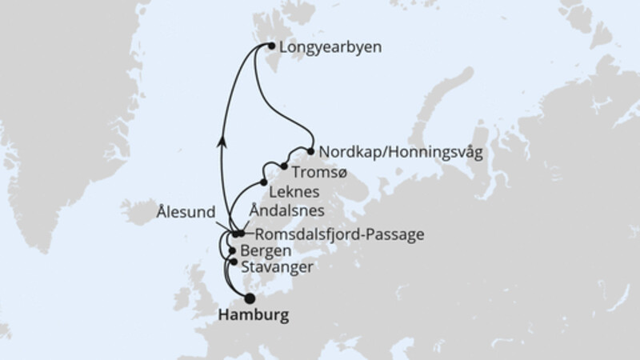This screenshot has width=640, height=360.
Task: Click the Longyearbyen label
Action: click(x=329, y=47)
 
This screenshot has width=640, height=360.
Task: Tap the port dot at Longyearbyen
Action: click(x=271, y=47)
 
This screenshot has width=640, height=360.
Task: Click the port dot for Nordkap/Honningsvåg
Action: click(x=310, y=150)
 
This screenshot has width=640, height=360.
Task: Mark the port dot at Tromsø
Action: click(x=283, y=166)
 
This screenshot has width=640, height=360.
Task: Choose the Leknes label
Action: click(x=295, y=193)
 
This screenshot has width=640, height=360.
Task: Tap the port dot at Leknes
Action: click(x=263, y=182)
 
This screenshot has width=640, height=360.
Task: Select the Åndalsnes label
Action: click(x=288, y=212)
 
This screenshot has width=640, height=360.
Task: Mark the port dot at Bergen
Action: click(x=232, y=250)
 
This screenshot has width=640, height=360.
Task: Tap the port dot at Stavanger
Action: click(x=233, y=262)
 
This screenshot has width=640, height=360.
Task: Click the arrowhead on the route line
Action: click(x=222, y=141)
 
